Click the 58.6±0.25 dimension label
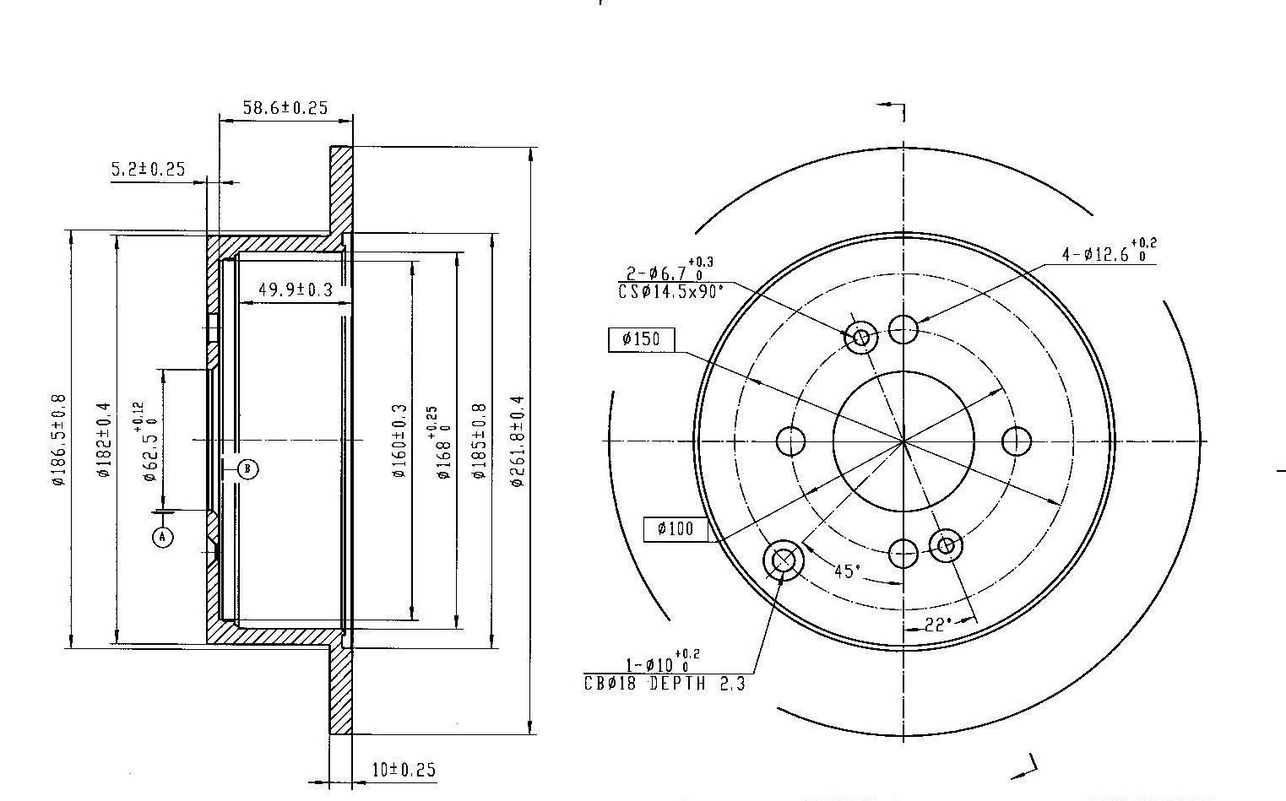click(x=285, y=108)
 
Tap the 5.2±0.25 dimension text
click(x=148, y=170)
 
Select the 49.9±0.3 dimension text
click(x=296, y=290)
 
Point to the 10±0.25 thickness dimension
click(x=404, y=770)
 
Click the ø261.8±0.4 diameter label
click(x=518, y=441)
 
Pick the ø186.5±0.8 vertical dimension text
click(x=59, y=440)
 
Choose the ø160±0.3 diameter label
click(x=399, y=441)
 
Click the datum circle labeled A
click(x=163, y=538)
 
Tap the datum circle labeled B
click(x=247, y=469)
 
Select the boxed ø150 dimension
click(x=641, y=339)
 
